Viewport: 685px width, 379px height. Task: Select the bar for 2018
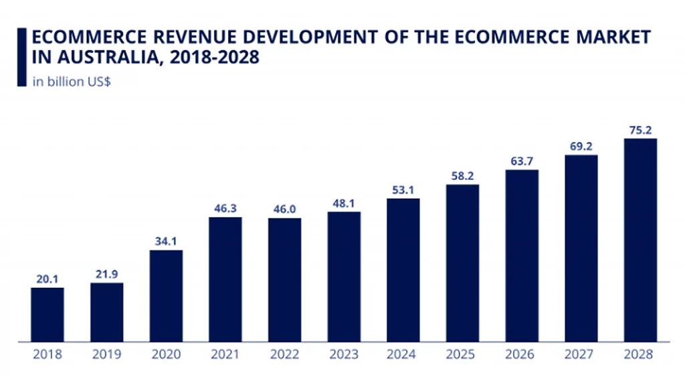47,315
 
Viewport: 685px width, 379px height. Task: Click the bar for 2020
166,296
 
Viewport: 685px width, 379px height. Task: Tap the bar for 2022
284,280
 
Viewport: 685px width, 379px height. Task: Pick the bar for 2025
462,263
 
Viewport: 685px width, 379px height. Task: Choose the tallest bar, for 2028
640,240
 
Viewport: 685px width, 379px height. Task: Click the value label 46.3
225,209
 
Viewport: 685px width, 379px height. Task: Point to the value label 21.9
107,275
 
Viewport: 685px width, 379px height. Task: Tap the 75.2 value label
640,131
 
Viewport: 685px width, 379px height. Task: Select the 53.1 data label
403,190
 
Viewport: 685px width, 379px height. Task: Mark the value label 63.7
522,161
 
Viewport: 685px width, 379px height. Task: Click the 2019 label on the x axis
107,354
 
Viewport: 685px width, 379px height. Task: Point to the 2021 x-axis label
225,354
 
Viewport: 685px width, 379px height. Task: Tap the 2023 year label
344,354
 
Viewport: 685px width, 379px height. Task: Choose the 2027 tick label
581,354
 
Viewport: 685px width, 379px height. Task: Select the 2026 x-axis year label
522,354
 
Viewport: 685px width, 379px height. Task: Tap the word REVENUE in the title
193,37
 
